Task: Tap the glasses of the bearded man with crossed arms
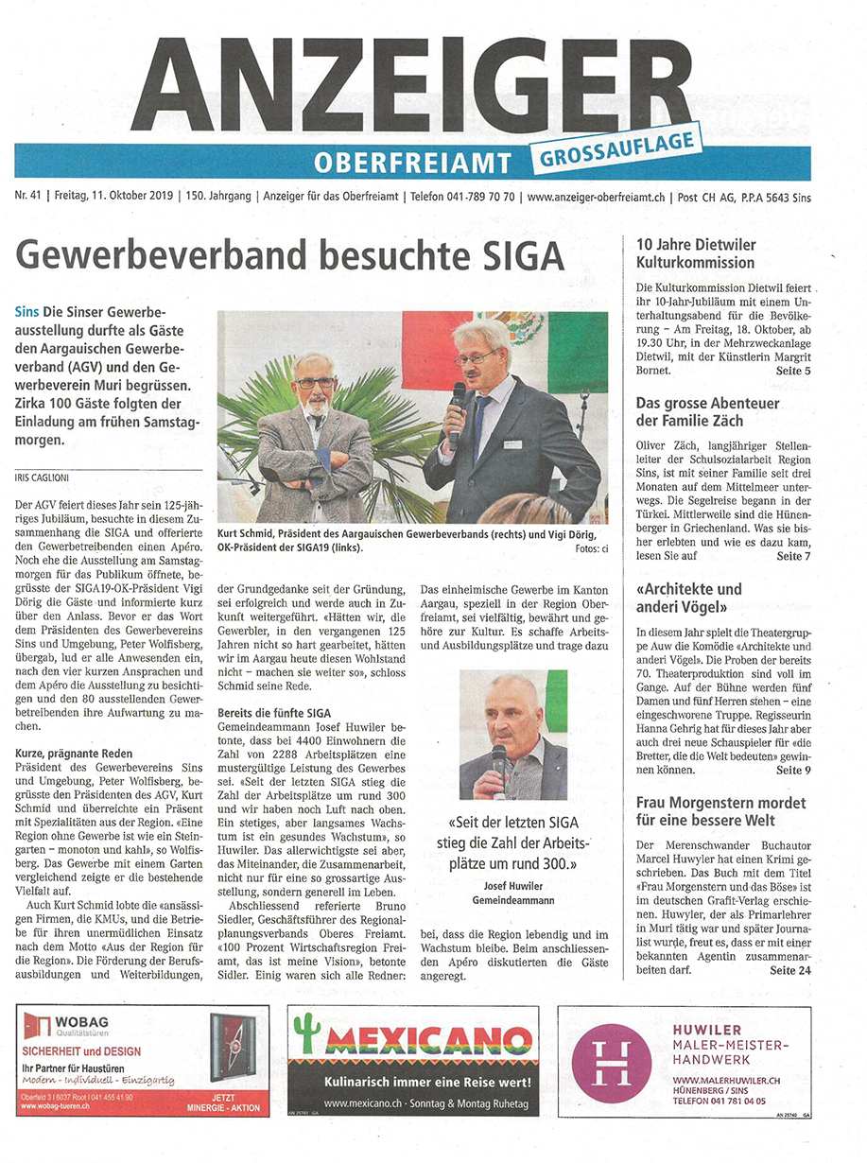tap(315, 382)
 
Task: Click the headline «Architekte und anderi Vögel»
tap(689, 599)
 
